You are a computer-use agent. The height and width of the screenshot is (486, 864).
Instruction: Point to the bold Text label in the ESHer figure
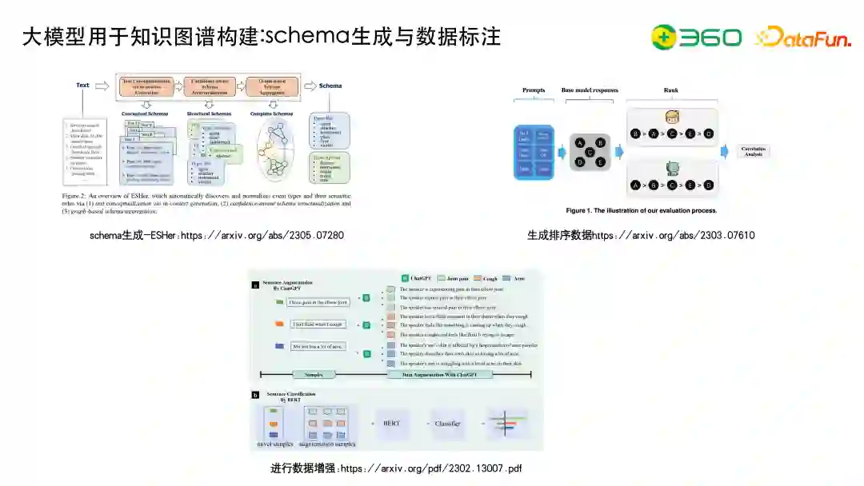click(x=82, y=85)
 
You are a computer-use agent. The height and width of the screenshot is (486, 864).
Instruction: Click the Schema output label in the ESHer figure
click(x=330, y=85)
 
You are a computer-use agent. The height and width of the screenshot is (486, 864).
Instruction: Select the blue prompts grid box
click(x=533, y=151)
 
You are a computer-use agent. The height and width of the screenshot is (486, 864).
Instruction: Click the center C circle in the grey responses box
click(x=590, y=152)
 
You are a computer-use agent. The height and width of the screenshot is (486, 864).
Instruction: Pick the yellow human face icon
click(x=672, y=116)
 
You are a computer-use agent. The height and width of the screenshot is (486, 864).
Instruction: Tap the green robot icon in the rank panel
click(x=672, y=169)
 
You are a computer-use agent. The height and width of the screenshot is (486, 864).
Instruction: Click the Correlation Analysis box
click(x=754, y=151)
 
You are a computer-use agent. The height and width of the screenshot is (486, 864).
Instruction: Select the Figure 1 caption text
click(x=641, y=211)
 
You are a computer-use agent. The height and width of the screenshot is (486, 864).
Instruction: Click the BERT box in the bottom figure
click(x=392, y=424)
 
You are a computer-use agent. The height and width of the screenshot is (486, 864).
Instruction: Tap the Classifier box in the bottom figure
click(x=448, y=424)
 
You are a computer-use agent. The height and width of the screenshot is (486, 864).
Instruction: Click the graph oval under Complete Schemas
click(x=277, y=156)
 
